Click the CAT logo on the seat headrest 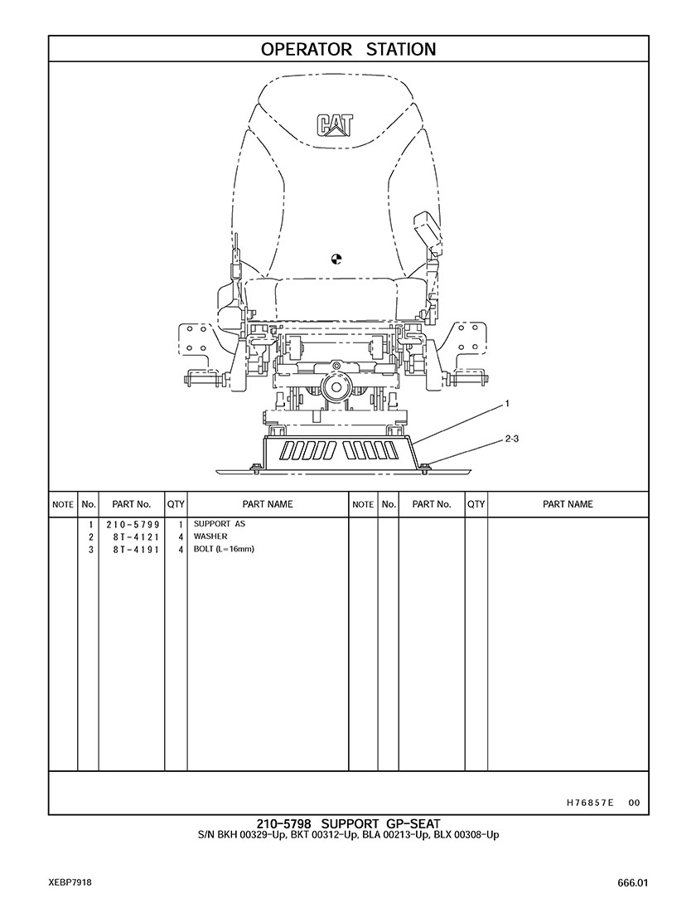(x=334, y=125)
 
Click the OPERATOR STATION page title (x=348, y=50)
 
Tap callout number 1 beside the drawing (x=507, y=404)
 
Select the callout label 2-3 (x=512, y=439)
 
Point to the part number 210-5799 (x=133, y=525)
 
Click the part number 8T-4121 (x=137, y=536)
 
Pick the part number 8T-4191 (x=137, y=550)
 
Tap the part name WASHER (x=210, y=536)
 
